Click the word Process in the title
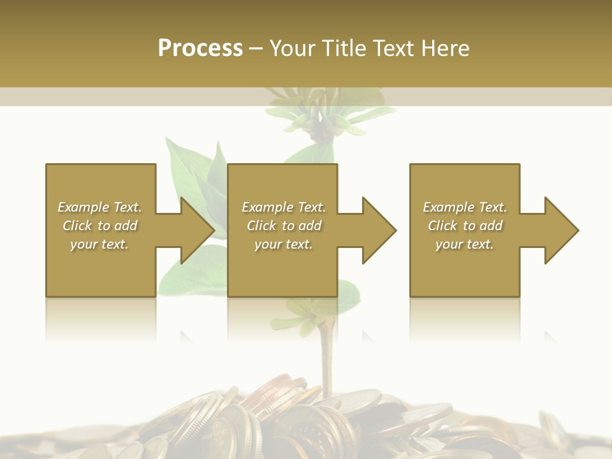(200, 48)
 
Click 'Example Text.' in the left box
(100, 207)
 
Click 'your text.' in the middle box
(283, 244)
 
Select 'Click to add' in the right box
(465, 226)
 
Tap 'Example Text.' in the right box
(465, 207)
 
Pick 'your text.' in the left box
(100, 244)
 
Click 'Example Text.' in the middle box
(283, 207)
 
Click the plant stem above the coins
(326, 357)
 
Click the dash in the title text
(256, 48)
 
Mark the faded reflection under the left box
(100, 319)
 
